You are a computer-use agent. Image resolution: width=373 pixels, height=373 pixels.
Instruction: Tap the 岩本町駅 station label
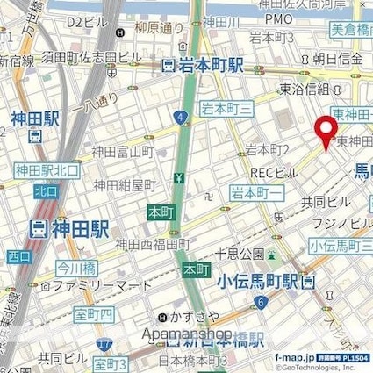[206, 64]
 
